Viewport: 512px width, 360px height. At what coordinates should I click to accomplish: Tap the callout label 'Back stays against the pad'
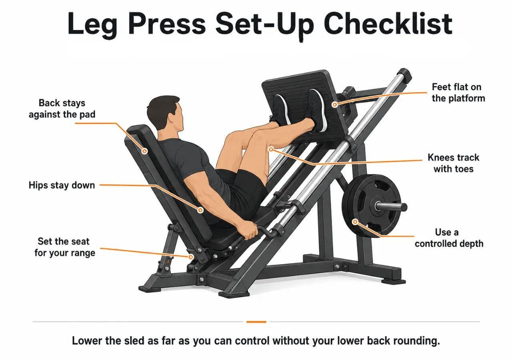click(x=62, y=108)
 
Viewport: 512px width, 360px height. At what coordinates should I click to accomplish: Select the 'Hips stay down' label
click(x=62, y=185)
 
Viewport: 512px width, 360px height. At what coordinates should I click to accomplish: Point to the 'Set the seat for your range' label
click(x=65, y=247)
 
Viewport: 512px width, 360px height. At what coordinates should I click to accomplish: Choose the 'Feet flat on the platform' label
click(x=458, y=92)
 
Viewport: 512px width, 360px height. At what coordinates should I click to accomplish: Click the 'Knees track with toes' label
click(x=454, y=163)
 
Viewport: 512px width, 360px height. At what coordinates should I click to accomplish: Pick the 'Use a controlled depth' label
click(x=449, y=238)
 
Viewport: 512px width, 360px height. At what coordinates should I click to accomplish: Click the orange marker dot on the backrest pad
click(x=144, y=151)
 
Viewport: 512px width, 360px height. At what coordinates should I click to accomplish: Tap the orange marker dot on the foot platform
click(x=335, y=105)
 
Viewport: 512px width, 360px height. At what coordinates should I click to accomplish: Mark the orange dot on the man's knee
click(x=271, y=149)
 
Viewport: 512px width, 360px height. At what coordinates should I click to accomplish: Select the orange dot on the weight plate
click(x=355, y=222)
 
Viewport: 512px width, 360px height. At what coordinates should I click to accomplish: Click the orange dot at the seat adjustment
click(x=191, y=257)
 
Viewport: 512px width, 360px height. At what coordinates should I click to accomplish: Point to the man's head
click(x=166, y=114)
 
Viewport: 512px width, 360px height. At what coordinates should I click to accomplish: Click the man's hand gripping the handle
click(x=248, y=229)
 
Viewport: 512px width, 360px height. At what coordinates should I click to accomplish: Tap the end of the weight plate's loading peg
click(x=404, y=207)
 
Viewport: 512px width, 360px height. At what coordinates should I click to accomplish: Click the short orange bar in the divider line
click(x=256, y=322)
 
